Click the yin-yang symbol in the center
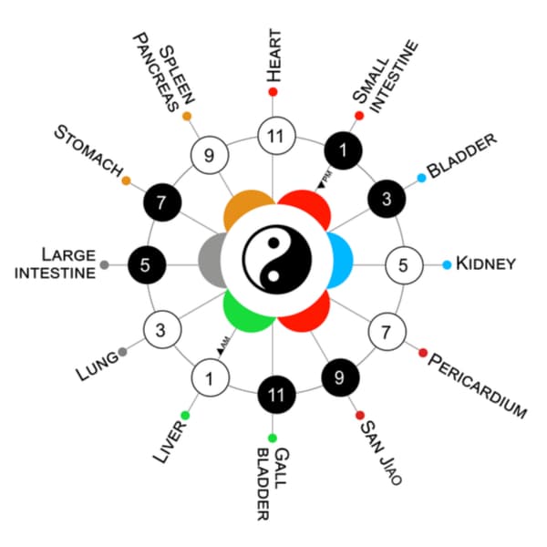click(x=274, y=264)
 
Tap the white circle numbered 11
click(x=273, y=137)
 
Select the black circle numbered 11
click(x=273, y=395)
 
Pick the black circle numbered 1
click(x=343, y=151)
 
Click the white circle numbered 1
click(x=209, y=377)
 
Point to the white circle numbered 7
click(x=386, y=329)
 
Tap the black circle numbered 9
click(x=339, y=376)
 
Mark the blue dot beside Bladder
click(x=421, y=178)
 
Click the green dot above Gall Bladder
click(x=273, y=439)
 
